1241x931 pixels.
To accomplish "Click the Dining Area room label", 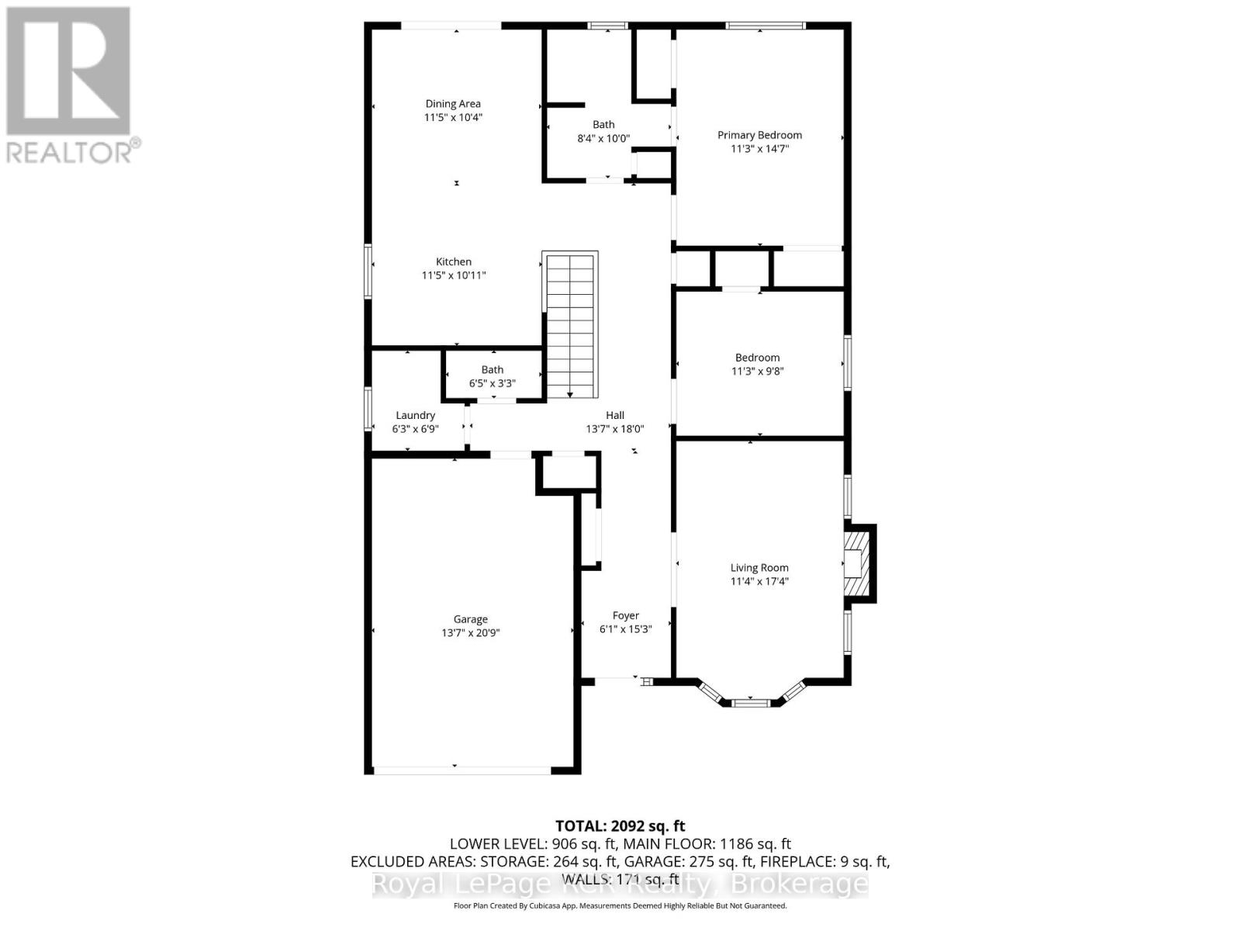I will [x=453, y=104].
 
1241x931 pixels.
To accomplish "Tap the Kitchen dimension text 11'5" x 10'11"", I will [x=454, y=275].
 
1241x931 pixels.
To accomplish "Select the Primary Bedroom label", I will [x=759, y=135].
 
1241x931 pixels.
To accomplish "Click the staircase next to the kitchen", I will [x=571, y=324].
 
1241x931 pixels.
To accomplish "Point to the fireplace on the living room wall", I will [x=859, y=563].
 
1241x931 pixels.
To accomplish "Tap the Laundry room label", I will [x=416, y=415].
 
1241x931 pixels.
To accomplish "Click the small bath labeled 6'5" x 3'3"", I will [x=493, y=376].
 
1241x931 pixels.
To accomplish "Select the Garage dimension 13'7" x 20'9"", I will [x=471, y=633].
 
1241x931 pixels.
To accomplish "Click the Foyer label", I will [x=626, y=615].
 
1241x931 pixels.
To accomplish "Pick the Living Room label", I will [x=759, y=568].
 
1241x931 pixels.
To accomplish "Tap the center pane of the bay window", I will [x=751, y=703].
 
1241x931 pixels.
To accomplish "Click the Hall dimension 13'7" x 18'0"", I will [x=615, y=429].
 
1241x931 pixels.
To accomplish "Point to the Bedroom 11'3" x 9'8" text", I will [x=758, y=371].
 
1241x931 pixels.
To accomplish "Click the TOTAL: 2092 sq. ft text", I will [x=620, y=826].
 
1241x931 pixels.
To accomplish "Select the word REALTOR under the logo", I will [x=70, y=151].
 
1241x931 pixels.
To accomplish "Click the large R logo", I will [x=68, y=71].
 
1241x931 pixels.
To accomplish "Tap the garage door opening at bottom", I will [x=461, y=770].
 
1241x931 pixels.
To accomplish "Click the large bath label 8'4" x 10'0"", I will [x=603, y=139].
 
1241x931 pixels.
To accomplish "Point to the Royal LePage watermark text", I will [x=620, y=884].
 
